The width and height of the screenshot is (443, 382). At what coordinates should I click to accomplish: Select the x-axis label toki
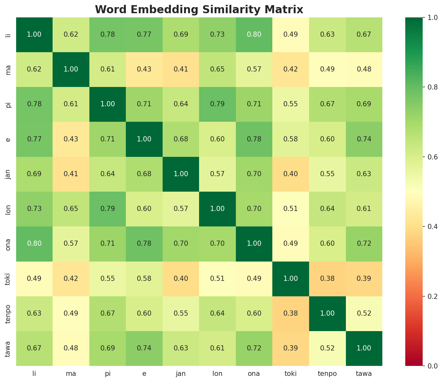(291, 374)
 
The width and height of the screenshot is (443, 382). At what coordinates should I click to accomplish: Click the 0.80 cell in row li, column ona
(254, 34)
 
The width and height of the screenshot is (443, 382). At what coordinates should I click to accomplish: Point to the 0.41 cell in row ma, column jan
(181, 70)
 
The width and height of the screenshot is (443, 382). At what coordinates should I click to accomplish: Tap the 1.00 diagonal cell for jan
(181, 174)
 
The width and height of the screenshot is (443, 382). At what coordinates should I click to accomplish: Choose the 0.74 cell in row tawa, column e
(144, 348)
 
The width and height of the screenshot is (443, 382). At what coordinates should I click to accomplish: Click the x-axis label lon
(217, 374)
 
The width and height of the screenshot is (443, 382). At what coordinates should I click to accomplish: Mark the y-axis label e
(8, 139)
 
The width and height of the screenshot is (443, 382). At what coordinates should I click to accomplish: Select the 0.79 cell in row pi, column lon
(217, 104)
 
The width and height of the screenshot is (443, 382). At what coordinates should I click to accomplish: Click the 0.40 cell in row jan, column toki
(291, 174)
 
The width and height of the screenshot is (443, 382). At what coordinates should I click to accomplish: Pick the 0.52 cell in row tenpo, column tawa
(364, 313)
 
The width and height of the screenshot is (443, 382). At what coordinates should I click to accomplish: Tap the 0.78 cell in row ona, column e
(144, 244)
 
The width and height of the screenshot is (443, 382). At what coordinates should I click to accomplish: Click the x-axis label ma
(71, 374)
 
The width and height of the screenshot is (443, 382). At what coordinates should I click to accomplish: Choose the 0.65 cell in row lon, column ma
(71, 209)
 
